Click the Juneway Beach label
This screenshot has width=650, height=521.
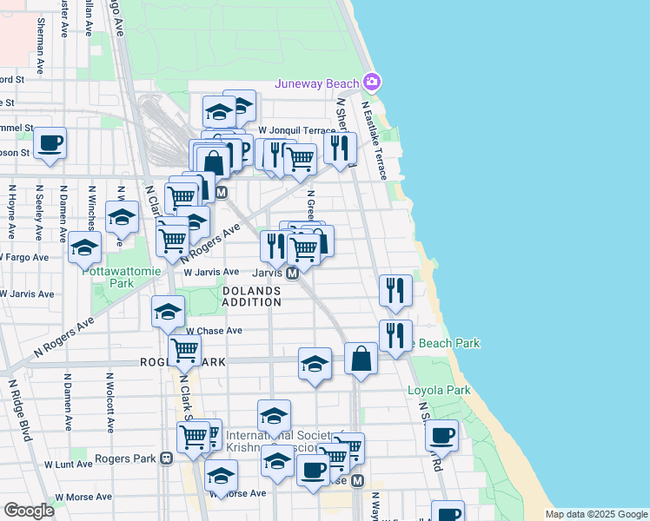click(316, 83)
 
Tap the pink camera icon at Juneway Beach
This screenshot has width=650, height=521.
click(372, 82)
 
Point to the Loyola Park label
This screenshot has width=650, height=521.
click(439, 391)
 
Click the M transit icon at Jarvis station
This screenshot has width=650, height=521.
click(293, 273)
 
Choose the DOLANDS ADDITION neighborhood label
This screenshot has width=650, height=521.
click(251, 296)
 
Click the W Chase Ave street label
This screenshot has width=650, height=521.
click(214, 331)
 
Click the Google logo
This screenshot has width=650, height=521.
click(30, 511)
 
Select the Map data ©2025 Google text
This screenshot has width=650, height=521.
click(595, 514)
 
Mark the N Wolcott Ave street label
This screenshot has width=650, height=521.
click(110, 403)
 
